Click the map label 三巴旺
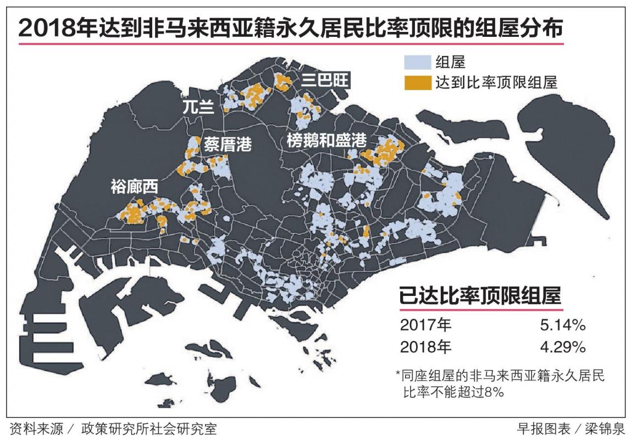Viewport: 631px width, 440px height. [325, 80]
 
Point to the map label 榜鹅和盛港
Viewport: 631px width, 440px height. [326, 140]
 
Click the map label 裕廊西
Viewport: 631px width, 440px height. [134, 187]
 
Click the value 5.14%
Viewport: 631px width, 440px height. [562, 325]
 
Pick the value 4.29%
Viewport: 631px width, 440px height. [562, 347]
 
